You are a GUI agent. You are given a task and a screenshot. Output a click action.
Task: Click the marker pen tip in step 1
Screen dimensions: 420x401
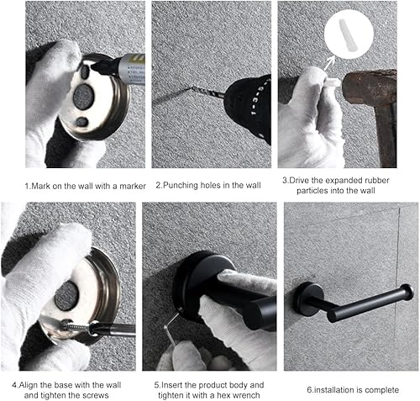click(93, 67)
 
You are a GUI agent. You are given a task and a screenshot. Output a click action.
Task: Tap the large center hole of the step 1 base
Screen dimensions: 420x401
click(83, 97)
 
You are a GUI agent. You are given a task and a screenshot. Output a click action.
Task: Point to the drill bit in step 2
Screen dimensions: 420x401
click(207, 92)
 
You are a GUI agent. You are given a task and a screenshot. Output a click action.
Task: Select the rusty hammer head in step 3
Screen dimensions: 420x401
click(370, 87)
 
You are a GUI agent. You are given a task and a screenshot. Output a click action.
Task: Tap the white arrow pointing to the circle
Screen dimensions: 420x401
click(328, 63)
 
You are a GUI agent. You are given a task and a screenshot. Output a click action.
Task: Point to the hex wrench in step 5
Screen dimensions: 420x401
click(171, 326)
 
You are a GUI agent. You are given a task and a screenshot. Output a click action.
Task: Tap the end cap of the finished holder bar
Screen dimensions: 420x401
click(407, 293)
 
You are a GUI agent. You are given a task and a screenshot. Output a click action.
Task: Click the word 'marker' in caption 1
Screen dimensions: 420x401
click(133, 186)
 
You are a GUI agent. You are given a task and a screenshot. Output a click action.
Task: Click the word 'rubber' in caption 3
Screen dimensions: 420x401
click(375, 180)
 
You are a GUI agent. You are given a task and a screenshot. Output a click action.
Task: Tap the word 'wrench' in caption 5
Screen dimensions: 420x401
click(245, 395)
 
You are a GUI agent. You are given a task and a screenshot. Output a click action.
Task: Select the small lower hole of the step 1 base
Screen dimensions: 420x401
click(81, 122)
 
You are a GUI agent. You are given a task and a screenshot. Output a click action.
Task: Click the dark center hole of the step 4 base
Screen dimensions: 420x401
click(66, 296)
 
